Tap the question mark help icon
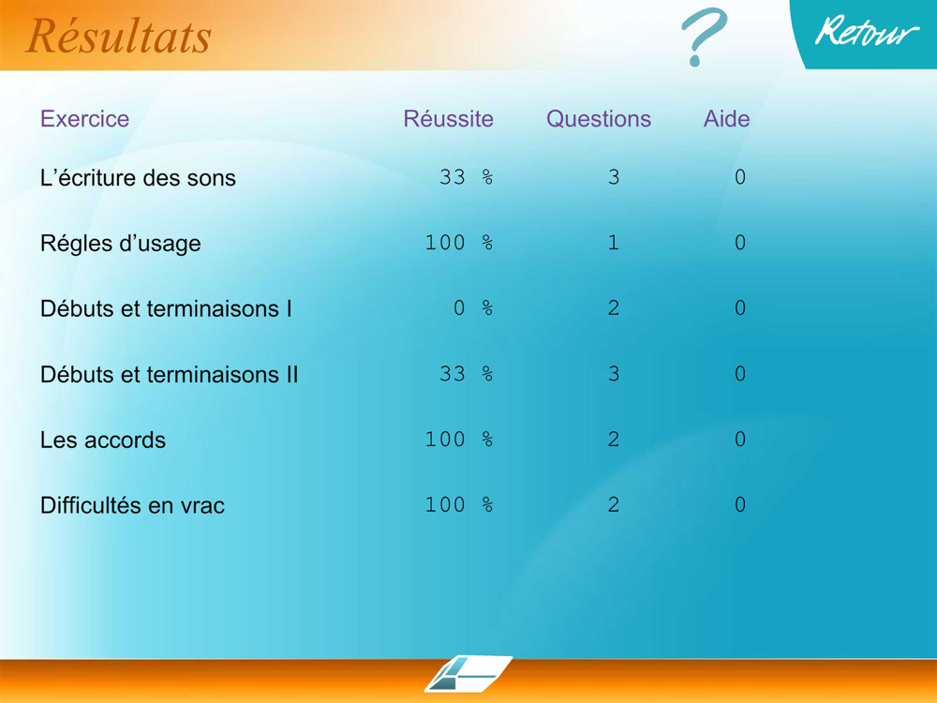(704, 35)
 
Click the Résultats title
(118, 36)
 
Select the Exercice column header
(85, 119)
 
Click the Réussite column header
(448, 119)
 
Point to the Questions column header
(598, 119)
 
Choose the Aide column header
(726, 119)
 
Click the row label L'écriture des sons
(138, 177)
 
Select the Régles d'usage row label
(121, 244)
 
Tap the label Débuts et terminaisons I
(166, 309)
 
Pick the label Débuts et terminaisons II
(169, 375)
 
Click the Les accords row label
(103, 440)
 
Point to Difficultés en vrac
(133, 506)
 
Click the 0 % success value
(473, 307)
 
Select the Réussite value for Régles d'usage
(459, 243)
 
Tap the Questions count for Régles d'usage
(613, 243)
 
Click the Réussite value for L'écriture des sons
(466, 177)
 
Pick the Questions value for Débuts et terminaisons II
(614, 374)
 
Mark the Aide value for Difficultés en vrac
(740, 504)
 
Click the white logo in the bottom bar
(468, 674)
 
